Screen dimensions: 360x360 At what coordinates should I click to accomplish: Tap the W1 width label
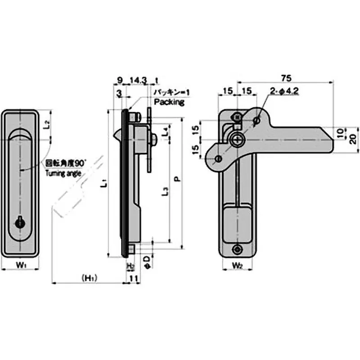point(20,265)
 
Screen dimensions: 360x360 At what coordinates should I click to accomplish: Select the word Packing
point(169,102)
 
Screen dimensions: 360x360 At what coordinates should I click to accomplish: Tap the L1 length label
point(103,183)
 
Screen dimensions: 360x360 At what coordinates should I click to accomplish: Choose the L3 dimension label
point(165,190)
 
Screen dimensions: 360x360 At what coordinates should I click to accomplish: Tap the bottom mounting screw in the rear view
point(237,250)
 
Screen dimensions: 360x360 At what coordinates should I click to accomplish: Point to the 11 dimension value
point(133,279)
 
